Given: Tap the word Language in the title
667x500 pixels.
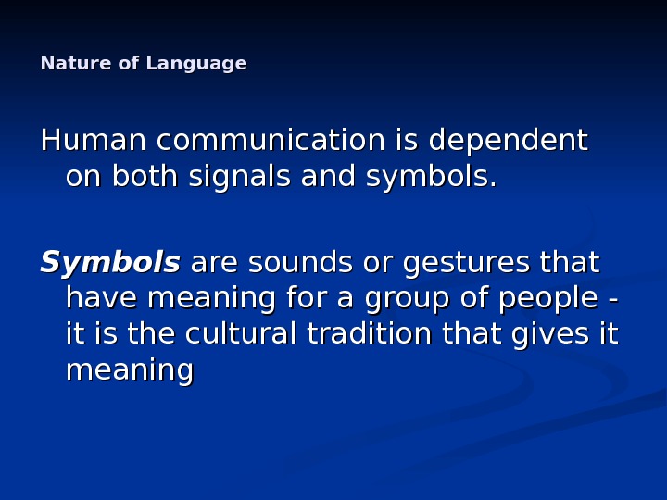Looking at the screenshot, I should pos(196,64).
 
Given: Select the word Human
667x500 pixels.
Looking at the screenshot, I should pos(94,141).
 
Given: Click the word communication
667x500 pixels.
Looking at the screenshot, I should pos(271,141).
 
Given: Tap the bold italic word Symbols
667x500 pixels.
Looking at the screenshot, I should pos(109,264).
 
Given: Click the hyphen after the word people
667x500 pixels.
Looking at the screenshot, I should pos(615,300).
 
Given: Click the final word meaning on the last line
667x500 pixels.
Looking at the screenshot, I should pos(130,371).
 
